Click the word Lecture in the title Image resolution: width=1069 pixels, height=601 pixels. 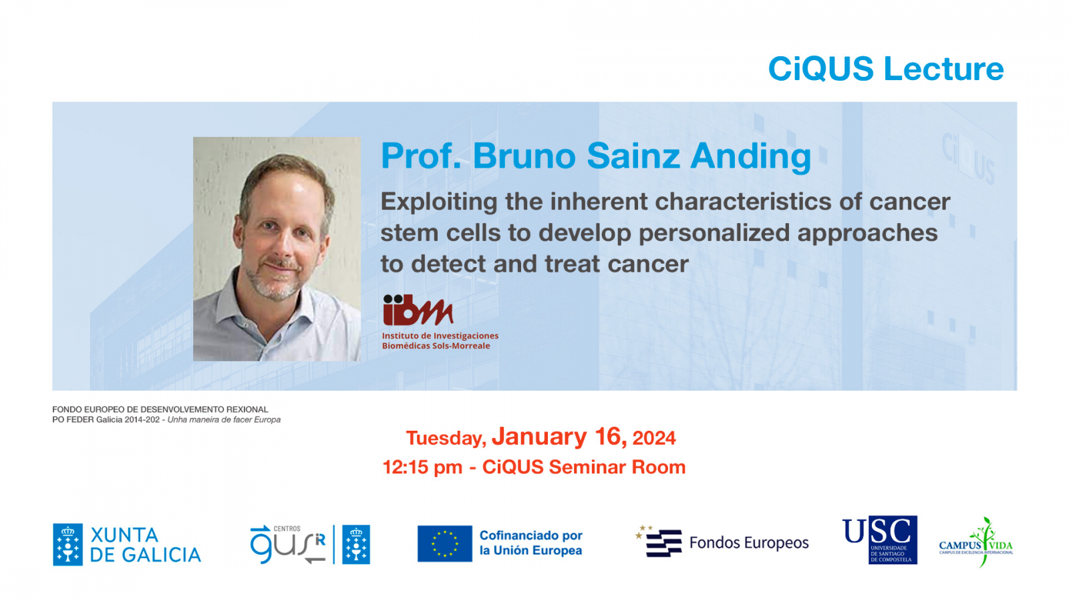943,69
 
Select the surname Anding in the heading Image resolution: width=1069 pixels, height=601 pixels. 751,157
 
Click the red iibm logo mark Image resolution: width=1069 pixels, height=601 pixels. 418,310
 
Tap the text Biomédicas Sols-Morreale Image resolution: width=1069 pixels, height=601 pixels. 436,346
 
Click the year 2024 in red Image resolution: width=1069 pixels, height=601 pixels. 654,438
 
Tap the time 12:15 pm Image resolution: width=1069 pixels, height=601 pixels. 422,467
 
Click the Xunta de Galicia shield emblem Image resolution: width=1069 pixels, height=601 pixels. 67,544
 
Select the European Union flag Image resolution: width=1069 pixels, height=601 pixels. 445,544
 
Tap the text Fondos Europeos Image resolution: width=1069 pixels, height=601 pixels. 749,543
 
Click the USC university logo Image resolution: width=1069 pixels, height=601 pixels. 879,540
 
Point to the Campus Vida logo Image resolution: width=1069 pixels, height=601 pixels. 976,542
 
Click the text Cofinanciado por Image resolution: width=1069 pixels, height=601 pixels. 530,535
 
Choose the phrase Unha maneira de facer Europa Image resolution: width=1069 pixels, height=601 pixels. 224,420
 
